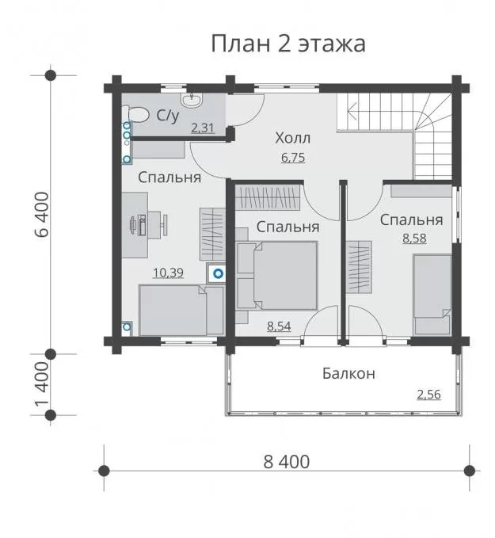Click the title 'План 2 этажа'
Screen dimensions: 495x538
coord(288,44)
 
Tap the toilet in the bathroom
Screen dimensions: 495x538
coord(135,114)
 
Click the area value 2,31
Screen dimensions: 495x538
coord(203,128)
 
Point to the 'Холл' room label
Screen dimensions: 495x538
coord(292,138)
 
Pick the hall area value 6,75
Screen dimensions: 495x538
coord(293,158)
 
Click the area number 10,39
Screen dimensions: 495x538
coord(168,273)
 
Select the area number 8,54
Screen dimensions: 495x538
coord(279,326)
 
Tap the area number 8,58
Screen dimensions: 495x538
coord(414,238)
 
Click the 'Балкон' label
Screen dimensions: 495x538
coord(348,373)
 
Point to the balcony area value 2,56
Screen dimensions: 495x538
coord(428,395)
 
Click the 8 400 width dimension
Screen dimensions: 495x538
coord(287,462)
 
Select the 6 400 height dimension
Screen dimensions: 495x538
coord(43,215)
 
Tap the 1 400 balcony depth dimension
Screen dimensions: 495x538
coord(43,384)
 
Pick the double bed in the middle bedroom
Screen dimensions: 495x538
coord(277,275)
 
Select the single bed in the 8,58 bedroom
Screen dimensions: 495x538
coord(432,295)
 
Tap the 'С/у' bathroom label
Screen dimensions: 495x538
coord(168,116)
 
